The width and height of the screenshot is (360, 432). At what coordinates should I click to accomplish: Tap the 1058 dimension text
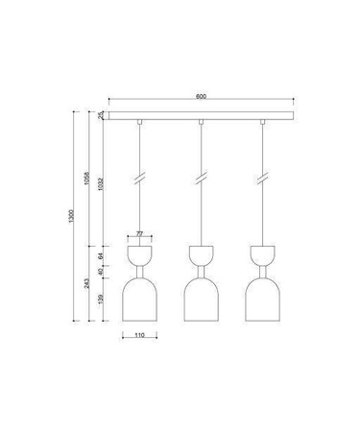pyautogui.click(x=87, y=178)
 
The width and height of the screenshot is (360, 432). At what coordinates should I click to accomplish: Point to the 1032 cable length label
pyautogui.click(x=103, y=184)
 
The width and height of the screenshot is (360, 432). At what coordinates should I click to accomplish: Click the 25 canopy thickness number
pyautogui.click(x=103, y=116)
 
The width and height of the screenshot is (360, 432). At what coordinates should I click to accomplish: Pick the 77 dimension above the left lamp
pyautogui.click(x=139, y=233)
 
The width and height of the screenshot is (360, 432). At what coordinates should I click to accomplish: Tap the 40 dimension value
pyautogui.click(x=103, y=276)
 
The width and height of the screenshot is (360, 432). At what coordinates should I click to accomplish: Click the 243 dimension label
pyautogui.click(x=87, y=285)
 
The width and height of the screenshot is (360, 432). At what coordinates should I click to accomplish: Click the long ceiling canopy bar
pyautogui.click(x=202, y=116)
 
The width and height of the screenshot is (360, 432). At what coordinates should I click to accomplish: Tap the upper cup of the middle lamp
pyautogui.click(x=201, y=256)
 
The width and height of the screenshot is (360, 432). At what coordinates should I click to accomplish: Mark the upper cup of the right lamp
pyautogui.click(x=262, y=256)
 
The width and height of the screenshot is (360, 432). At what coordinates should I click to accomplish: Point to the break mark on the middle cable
pyautogui.click(x=201, y=180)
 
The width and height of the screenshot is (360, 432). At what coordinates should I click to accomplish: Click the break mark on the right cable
pyautogui.click(x=262, y=180)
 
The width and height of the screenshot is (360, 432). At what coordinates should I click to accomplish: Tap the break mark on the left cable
pyautogui.click(x=139, y=180)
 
